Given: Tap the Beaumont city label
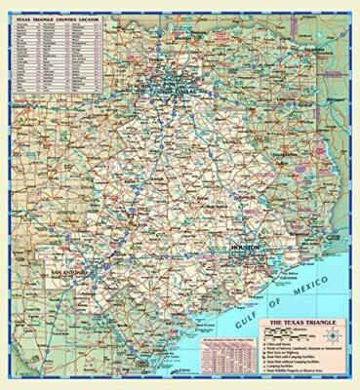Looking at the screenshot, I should pos(323,233).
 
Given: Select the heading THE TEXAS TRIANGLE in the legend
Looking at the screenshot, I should pos(304,320).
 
